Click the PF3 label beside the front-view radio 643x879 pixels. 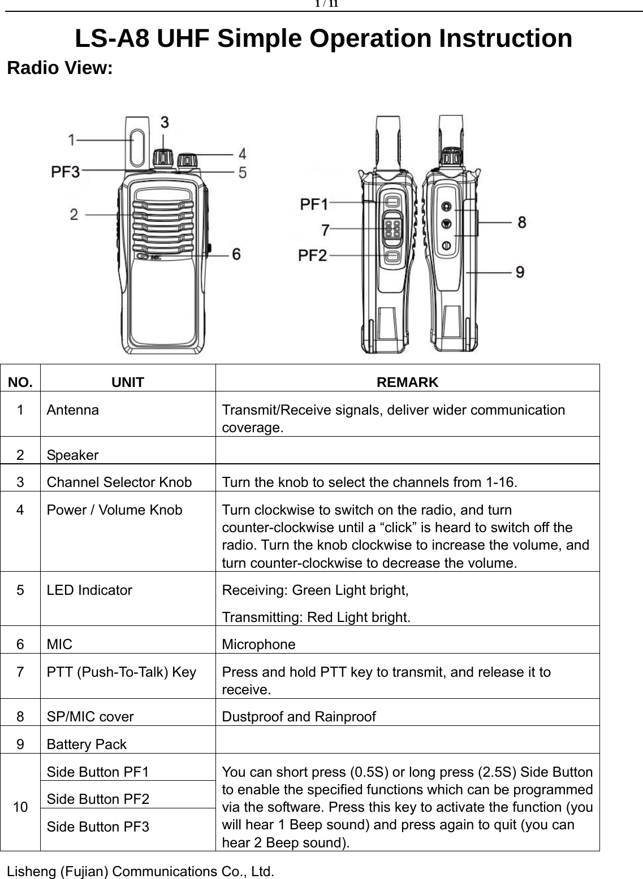tap(66, 171)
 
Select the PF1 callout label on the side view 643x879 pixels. tap(313, 203)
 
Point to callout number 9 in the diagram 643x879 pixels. tap(520, 272)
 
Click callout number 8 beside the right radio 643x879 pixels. tap(521, 222)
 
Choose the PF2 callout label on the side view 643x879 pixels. tap(313, 256)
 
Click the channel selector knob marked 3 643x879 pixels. tap(163, 158)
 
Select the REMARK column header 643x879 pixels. tap(407, 382)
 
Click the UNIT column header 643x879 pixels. tap(127, 382)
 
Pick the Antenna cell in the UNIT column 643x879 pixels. tap(72, 410)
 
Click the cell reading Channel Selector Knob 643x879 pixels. tap(119, 482)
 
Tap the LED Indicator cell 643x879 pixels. tap(89, 590)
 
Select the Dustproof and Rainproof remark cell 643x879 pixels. tap(299, 717)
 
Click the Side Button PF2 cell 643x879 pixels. tap(98, 799)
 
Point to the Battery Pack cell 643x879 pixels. tap(87, 745)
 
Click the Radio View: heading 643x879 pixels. tap(59, 69)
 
